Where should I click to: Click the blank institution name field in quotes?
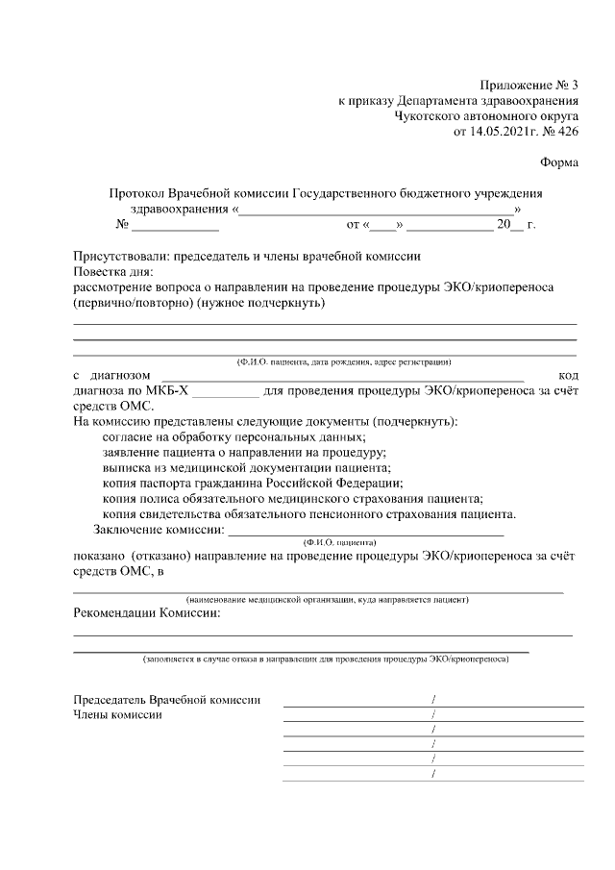tap(378, 210)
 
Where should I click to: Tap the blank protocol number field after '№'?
tap(175, 227)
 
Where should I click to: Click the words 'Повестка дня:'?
tap(114, 272)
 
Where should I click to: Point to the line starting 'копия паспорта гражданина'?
tap(252, 483)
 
